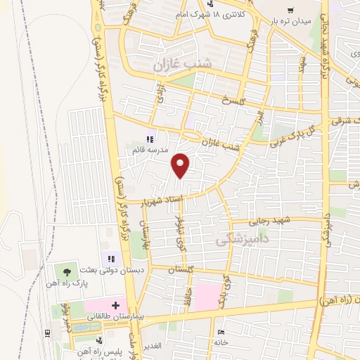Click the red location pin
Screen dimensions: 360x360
point(181,165)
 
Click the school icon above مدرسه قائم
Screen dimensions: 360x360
point(149,139)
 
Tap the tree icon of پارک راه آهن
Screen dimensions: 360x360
point(67,271)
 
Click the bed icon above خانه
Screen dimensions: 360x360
point(221,332)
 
